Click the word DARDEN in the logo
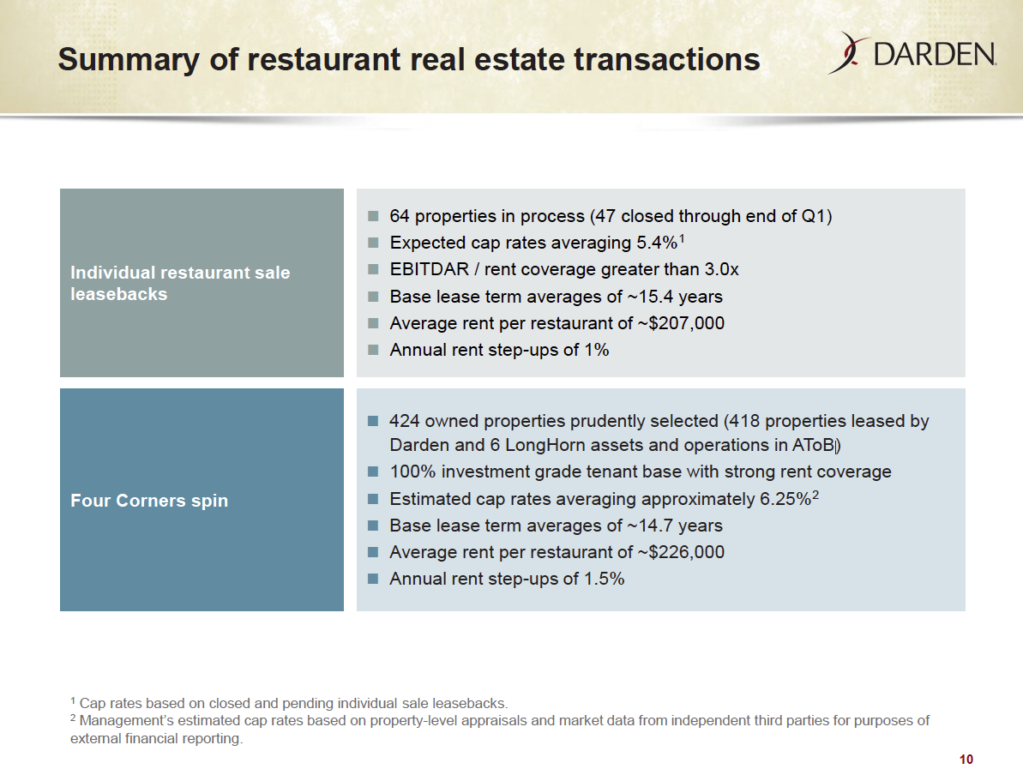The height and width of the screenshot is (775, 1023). (x=934, y=55)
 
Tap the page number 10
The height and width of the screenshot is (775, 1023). (x=966, y=760)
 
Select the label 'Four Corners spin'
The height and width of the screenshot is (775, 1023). (x=149, y=501)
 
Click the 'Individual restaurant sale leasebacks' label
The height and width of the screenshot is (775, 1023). (x=180, y=283)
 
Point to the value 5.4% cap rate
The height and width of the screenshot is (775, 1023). (x=658, y=243)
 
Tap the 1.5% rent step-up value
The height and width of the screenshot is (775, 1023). (x=605, y=579)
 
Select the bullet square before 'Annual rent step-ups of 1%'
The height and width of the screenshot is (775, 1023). (x=371, y=350)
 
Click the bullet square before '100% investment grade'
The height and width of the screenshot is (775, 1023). (x=371, y=472)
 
